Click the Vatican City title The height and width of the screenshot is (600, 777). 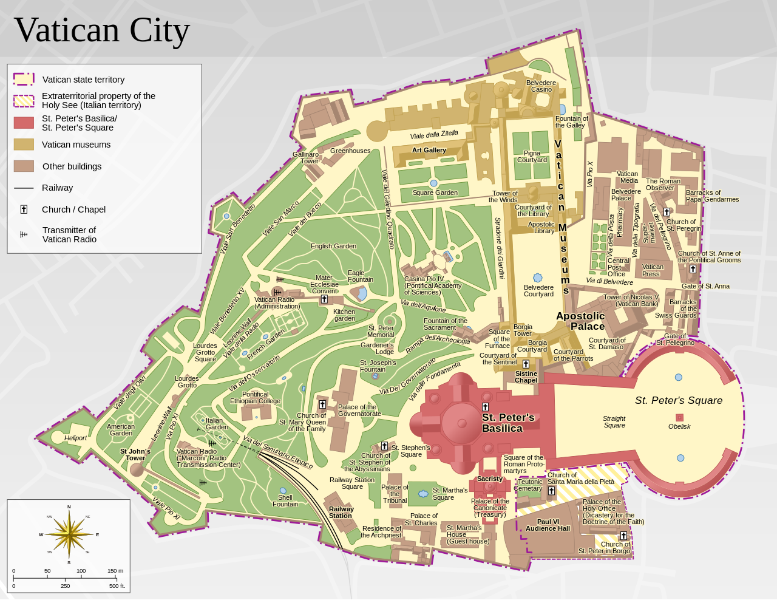coord(102,30)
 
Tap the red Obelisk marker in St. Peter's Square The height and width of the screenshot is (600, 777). coord(679,417)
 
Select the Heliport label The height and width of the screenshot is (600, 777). coord(76,438)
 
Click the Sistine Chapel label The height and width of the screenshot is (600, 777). coord(526,377)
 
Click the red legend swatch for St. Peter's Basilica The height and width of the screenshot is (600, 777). coord(24,123)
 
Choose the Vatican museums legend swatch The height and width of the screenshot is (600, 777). coord(24,145)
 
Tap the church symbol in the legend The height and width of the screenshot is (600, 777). coord(24,210)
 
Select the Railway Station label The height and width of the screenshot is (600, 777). coord(341,513)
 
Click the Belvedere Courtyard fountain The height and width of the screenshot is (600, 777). coord(537,278)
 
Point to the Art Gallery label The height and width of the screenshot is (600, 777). coord(429,150)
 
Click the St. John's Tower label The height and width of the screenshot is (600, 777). coord(135,454)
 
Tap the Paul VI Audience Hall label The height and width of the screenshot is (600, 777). coord(548,525)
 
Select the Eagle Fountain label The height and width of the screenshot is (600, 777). coord(360,276)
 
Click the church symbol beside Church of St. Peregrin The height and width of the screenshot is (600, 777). coord(667,212)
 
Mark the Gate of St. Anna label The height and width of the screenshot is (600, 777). coord(705,286)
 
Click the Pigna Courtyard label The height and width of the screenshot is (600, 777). coord(532,157)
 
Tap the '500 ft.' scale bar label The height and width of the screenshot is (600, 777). coord(117,586)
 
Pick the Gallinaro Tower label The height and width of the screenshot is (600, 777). coord(305,158)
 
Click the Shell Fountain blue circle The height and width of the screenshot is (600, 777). coord(283,491)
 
